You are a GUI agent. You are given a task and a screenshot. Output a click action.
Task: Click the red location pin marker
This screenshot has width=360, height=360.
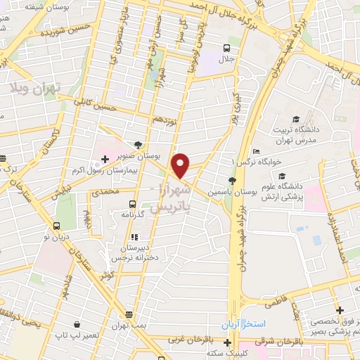(181, 166)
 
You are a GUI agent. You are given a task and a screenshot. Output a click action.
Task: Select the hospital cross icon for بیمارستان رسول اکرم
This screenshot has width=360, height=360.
(105, 160)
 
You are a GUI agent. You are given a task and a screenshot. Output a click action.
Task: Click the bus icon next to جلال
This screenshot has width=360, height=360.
(226, 49)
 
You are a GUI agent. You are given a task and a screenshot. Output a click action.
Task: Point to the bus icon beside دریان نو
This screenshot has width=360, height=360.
(56, 226)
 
